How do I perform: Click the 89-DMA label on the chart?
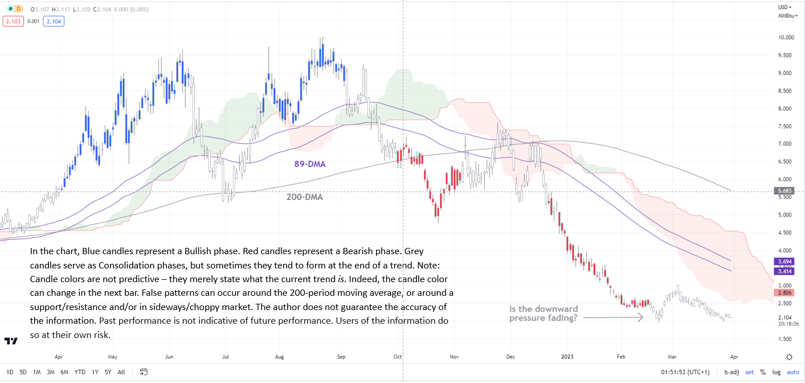click(x=310, y=164)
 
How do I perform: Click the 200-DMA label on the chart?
click(x=305, y=198)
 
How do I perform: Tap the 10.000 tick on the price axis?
click(x=786, y=38)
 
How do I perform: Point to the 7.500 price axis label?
click(x=787, y=127)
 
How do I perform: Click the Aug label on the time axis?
click(x=279, y=357)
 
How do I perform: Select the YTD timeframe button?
click(x=80, y=372)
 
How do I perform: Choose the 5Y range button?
click(x=108, y=372)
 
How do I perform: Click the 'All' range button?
click(x=121, y=372)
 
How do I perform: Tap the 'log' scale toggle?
click(x=776, y=372)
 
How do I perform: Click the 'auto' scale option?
click(x=792, y=372)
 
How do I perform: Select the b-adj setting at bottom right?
click(x=732, y=372)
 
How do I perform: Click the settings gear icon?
click(x=789, y=357)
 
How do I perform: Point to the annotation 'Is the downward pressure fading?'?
click(x=544, y=313)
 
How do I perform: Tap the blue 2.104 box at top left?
click(x=55, y=21)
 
